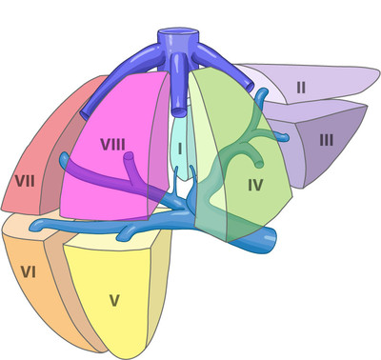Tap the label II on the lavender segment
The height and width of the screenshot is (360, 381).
point(301,88)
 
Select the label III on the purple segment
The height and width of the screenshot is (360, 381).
point(326,140)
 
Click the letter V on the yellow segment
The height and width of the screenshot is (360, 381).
point(114,300)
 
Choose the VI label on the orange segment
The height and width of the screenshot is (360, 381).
point(28,273)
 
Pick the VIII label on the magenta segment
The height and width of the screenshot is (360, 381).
point(112,145)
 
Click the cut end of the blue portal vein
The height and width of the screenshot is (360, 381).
point(272,247)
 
